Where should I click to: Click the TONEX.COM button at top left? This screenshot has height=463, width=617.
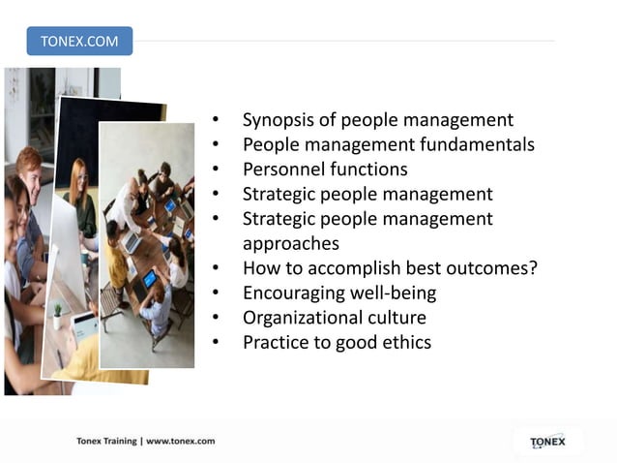tap(79, 41)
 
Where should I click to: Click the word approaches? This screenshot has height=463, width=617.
tap(290, 244)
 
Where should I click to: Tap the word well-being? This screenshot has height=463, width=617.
tap(396, 293)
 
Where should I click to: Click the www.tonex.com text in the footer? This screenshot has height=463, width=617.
tap(180, 441)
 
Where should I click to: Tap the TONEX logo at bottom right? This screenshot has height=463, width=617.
tap(547, 442)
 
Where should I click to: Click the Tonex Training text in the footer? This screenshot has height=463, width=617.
tap(106, 441)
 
